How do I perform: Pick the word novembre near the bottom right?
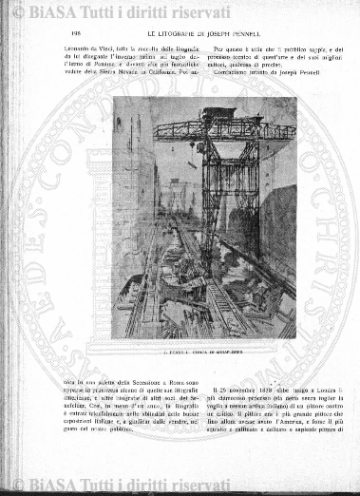click(x=241, y=389)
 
